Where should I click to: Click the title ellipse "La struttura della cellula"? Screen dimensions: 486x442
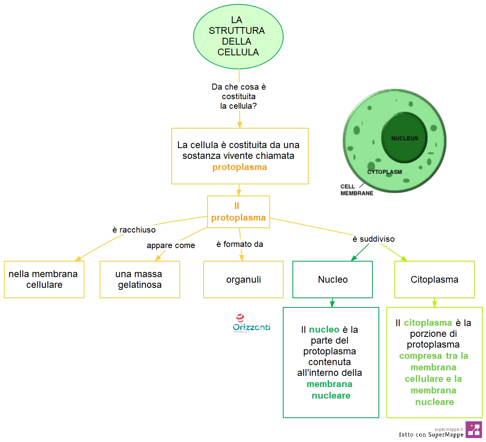click(238, 37)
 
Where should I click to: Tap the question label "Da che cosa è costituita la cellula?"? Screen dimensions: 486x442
click(239, 96)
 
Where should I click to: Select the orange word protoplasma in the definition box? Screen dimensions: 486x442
click(239, 167)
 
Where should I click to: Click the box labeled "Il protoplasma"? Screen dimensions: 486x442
click(238, 212)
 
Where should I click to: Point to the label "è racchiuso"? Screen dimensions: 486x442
click(134, 230)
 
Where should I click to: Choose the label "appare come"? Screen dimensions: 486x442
click(171, 245)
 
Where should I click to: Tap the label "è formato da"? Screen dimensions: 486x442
click(239, 244)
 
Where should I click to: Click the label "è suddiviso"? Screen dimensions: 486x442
click(374, 239)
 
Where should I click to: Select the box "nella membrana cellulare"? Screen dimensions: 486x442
click(44, 280)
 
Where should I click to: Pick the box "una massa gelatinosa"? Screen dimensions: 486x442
click(140, 280)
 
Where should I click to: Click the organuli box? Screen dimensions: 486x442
click(243, 280)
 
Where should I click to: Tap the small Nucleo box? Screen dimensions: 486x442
click(332, 280)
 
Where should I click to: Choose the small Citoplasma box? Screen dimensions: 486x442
click(434, 280)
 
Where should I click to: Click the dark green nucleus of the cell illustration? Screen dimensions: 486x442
click(404, 137)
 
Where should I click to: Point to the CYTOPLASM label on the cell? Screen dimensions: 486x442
click(384, 172)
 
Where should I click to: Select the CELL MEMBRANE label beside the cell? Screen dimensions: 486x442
click(357, 190)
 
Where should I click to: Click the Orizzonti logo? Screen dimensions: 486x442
click(251, 324)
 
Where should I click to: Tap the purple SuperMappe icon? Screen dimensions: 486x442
click(473, 430)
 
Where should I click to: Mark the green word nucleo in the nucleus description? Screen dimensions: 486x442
click(324, 330)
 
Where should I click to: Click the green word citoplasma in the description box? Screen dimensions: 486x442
click(428, 323)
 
